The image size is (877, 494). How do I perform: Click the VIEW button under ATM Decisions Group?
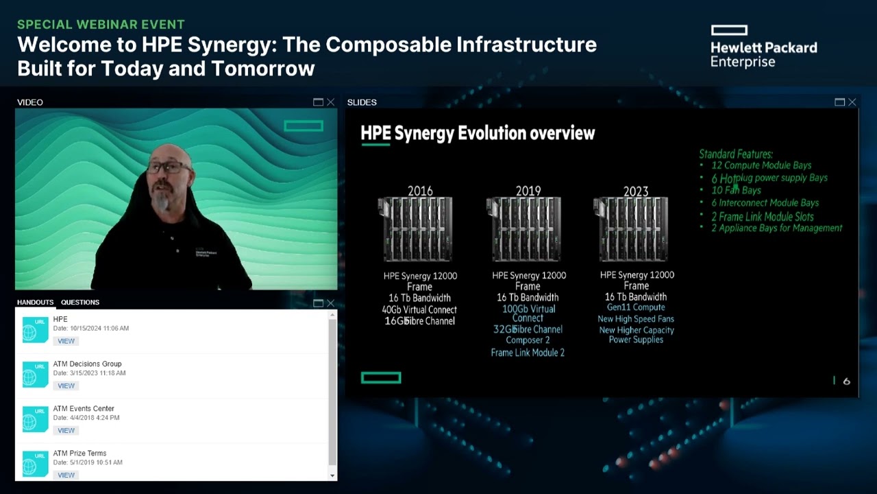66,386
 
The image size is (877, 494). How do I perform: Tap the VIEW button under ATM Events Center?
66,430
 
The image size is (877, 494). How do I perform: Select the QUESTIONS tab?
80,302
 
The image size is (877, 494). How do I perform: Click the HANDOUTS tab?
35,302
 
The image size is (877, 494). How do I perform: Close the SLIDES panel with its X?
852,102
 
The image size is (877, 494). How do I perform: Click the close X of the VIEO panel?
331,102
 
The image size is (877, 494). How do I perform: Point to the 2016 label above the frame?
420,191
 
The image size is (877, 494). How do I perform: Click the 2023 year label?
636,191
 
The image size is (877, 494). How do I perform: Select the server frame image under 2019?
528,229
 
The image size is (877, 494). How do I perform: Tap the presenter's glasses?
167,167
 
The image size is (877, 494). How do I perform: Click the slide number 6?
847,381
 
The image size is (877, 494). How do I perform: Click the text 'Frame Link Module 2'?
528,353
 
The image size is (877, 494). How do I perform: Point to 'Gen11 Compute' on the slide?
636,307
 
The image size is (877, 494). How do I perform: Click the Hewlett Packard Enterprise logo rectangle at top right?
729,30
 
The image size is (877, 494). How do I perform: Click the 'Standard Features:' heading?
736,154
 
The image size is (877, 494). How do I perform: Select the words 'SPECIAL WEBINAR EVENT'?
101,25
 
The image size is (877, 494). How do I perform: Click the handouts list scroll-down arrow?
332,475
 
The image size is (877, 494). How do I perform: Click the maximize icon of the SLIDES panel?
839,102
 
